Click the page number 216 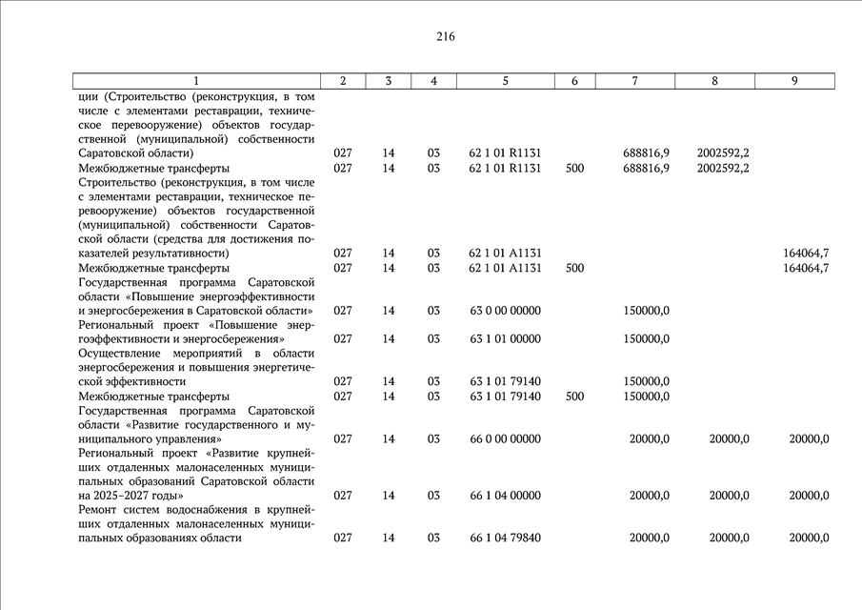point(446,37)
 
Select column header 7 point(634,81)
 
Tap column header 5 point(505,81)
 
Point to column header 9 point(793,81)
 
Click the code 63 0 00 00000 point(505,311)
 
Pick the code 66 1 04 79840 point(505,539)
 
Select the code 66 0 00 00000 point(505,439)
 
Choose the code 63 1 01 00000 point(505,339)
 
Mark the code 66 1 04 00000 point(505,496)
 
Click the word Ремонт point(102,510)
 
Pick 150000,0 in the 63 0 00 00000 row point(646,311)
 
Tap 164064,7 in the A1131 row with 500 point(805,269)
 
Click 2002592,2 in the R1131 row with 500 point(722,169)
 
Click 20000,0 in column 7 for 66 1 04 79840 point(649,539)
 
